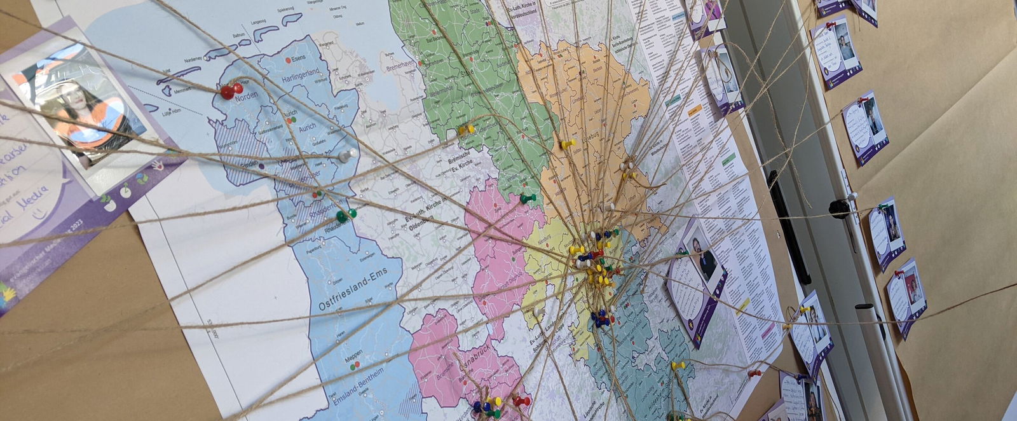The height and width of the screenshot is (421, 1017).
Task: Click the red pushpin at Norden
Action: [228, 93]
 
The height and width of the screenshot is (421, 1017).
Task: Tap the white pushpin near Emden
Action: [345, 155]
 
